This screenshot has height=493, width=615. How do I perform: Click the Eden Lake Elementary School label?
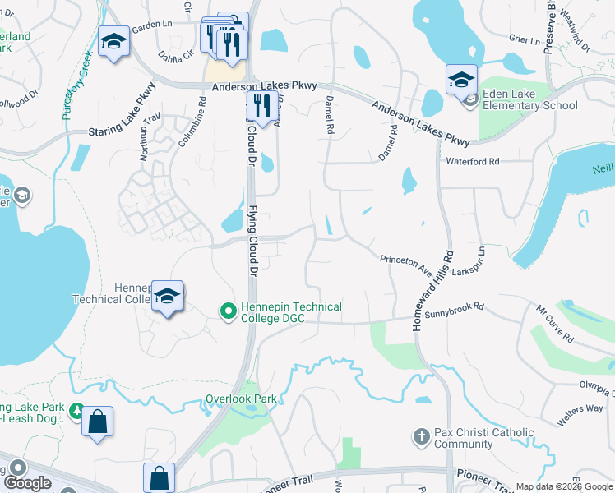coord(530,99)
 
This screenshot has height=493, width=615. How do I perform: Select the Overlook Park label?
coord(240,399)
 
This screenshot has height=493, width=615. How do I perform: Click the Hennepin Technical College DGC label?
coord(291,312)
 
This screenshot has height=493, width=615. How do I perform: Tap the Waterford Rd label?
coord(473,162)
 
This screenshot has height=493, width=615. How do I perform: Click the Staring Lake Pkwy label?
coord(123,112)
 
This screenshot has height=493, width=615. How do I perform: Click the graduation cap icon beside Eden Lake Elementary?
coord(461,80)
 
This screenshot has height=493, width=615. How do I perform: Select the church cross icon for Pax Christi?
coord(421,435)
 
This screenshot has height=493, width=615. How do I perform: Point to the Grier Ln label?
coord(523,38)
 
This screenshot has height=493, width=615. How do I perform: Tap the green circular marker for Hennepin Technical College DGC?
coord(228,311)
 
